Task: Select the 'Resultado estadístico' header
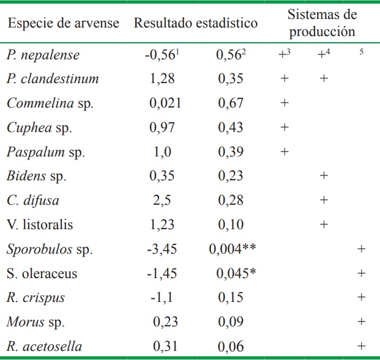pyautogui.click(x=195, y=23)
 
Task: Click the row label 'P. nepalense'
pyautogui.click(x=44, y=55)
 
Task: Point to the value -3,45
pyautogui.click(x=162, y=249)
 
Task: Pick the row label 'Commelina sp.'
pyautogui.click(x=51, y=103)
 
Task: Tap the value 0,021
pyautogui.click(x=165, y=103)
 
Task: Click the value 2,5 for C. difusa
pyautogui.click(x=162, y=200)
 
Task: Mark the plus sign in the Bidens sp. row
pyautogui.click(x=324, y=176)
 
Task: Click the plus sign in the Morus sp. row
pyautogui.click(x=361, y=321)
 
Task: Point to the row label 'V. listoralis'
pyautogui.click(x=40, y=225)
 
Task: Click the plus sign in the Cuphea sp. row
pyautogui.click(x=284, y=128)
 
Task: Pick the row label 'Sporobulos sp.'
pyautogui.click(x=50, y=249)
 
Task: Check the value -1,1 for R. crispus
pyautogui.click(x=162, y=298)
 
